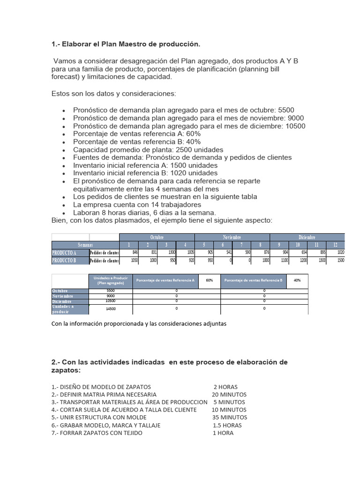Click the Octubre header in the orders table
pos(157,238)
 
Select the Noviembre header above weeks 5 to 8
pos(232,238)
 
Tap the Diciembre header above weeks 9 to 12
pos(307,238)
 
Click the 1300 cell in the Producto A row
pos(165,253)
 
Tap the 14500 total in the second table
pos(111,309)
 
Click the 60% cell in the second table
pos(209,280)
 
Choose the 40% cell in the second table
pos(297,280)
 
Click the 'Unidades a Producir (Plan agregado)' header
pos(111,280)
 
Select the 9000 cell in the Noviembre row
pos(111,296)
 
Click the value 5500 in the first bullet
pos(286,110)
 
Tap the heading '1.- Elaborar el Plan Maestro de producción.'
pos(126,44)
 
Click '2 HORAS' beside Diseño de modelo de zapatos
pos(225,387)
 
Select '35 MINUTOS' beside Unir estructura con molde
pos(229,417)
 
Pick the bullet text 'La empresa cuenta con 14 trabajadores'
pos(137,204)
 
